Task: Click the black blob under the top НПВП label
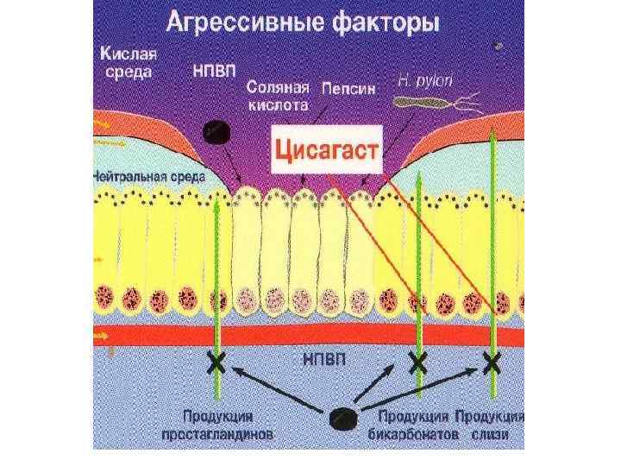[215, 132]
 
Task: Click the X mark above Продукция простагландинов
[216, 362]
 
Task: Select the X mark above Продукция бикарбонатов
[417, 362]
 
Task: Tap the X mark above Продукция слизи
[492, 362]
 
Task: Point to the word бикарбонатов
[416, 435]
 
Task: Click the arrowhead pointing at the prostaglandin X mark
[235, 368]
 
